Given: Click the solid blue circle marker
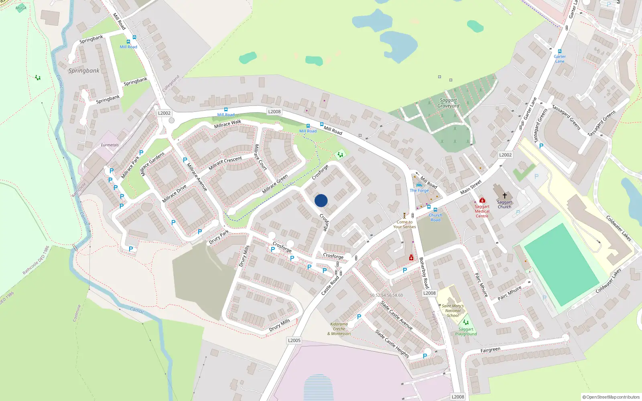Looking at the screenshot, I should click(x=321, y=200).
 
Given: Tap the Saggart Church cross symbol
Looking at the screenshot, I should click(x=504, y=196).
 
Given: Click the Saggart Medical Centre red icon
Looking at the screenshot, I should click(x=482, y=200).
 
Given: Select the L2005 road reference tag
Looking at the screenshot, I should click(x=294, y=340).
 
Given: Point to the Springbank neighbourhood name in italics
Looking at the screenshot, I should click(x=83, y=71).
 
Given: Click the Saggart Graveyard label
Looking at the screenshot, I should click(x=448, y=103).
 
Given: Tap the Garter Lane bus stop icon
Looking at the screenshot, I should click(x=560, y=51).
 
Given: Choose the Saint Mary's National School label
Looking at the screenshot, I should click(x=453, y=311).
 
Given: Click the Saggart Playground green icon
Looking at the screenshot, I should click(x=465, y=322).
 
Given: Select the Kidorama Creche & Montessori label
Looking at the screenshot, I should click(x=339, y=329).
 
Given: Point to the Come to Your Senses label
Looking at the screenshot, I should click(x=404, y=224).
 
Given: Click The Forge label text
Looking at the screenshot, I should click(x=419, y=190).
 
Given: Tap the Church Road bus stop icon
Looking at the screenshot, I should click(x=435, y=210).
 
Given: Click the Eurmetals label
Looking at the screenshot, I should click(x=110, y=145).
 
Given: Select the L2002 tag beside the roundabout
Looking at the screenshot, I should click(x=164, y=113).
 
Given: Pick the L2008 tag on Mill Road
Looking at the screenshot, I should click(x=274, y=112).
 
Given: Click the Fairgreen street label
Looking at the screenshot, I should click(x=490, y=350).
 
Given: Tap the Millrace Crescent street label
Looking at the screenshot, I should click(x=225, y=162).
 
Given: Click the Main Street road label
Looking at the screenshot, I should click(x=471, y=187).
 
